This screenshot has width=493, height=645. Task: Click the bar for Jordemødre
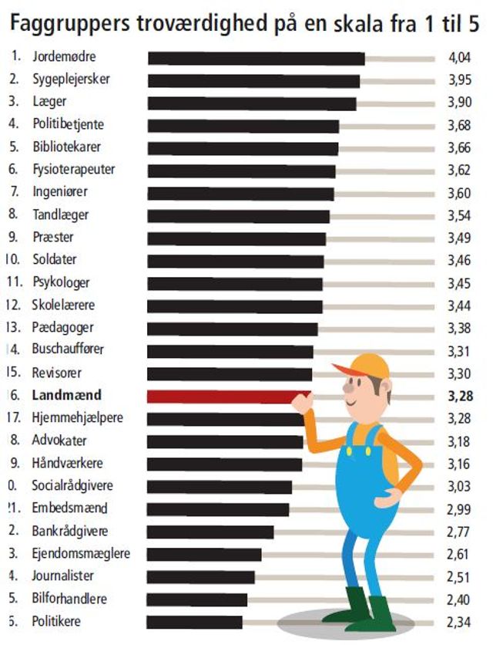tap(256, 58)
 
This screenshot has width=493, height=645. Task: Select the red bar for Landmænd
tap(223, 397)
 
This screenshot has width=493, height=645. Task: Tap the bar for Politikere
tap(194, 622)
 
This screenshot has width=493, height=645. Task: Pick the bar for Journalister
tap(200, 577)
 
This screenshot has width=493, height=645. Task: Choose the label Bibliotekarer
tap(67, 147)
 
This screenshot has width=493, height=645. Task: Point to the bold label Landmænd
tap(67, 396)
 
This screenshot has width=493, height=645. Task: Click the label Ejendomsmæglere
tap(81, 554)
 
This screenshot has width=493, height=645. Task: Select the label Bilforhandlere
tap(69, 599)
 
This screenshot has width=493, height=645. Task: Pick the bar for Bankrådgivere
tap(210, 532)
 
